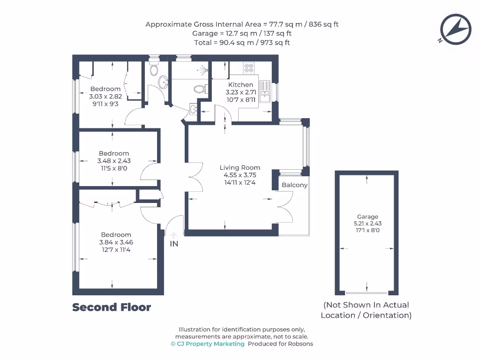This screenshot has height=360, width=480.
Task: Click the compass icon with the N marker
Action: pos(455,30)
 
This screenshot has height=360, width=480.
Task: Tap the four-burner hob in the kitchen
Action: pos(248,68)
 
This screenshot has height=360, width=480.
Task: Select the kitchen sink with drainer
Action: pos(265,92)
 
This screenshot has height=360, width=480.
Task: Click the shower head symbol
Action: pos(202,71)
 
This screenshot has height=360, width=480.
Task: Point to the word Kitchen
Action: pos(240,85)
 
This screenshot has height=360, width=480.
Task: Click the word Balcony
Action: pos(294,185)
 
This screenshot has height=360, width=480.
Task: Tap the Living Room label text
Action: pos(240,167)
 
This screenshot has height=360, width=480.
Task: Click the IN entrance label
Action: pos(174,244)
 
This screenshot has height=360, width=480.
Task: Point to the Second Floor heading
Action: pos(112,307)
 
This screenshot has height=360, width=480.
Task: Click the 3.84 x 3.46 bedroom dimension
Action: pos(116,242)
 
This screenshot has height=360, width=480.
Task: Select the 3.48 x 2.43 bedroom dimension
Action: pos(114,161)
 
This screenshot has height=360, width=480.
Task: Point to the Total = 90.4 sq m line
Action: pos(242,43)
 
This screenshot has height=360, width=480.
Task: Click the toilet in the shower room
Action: pos(199,89)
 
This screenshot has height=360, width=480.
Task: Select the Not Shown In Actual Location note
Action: pos(366,310)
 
